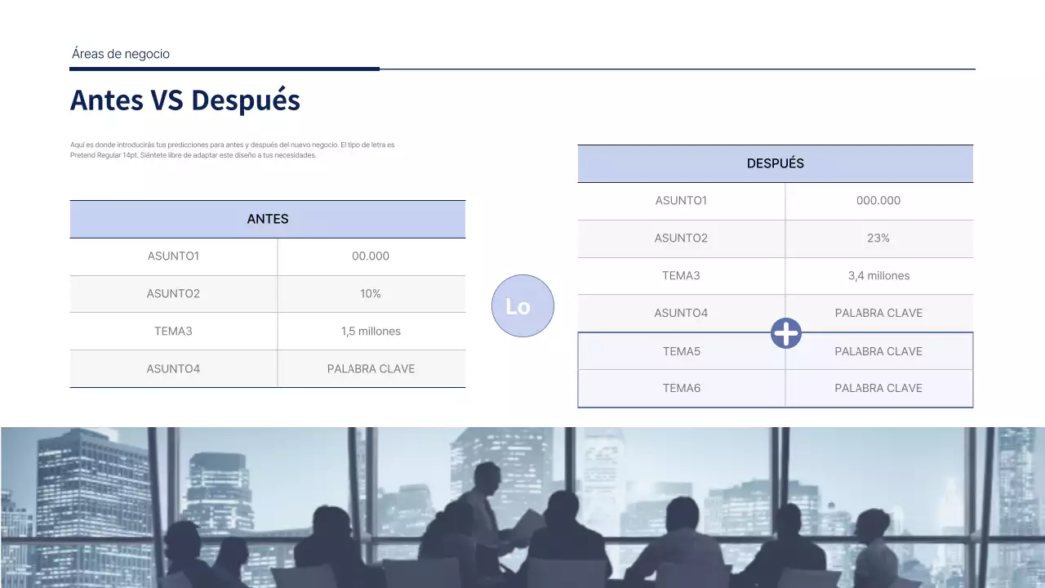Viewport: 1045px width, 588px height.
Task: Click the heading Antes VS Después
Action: click(185, 100)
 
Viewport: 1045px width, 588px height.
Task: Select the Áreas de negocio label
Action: click(121, 54)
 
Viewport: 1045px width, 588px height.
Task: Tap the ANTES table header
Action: click(268, 219)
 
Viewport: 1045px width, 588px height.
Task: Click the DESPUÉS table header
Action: click(776, 163)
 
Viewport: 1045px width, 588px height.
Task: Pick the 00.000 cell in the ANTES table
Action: click(371, 256)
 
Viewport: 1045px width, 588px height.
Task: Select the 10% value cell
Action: click(371, 294)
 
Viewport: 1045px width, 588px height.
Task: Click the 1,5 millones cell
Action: click(371, 332)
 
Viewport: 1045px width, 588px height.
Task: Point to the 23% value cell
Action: click(878, 238)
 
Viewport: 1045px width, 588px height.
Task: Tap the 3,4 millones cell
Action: click(878, 276)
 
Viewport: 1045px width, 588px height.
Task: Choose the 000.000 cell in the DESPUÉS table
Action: click(878, 201)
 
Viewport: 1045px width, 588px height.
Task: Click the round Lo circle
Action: click(522, 306)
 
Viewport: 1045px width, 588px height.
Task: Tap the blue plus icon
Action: click(786, 332)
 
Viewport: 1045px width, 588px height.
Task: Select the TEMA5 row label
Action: click(682, 351)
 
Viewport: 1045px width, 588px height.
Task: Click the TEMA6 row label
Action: click(682, 389)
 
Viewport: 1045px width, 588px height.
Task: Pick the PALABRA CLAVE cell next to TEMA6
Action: click(878, 389)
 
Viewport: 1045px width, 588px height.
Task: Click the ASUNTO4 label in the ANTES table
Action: click(173, 369)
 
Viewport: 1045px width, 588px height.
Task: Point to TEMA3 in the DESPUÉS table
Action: click(681, 276)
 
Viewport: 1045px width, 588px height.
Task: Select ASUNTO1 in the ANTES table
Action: click(173, 256)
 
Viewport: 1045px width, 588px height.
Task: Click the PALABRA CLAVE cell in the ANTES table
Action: click(371, 369)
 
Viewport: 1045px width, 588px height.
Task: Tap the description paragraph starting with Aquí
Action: click(233, 149)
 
